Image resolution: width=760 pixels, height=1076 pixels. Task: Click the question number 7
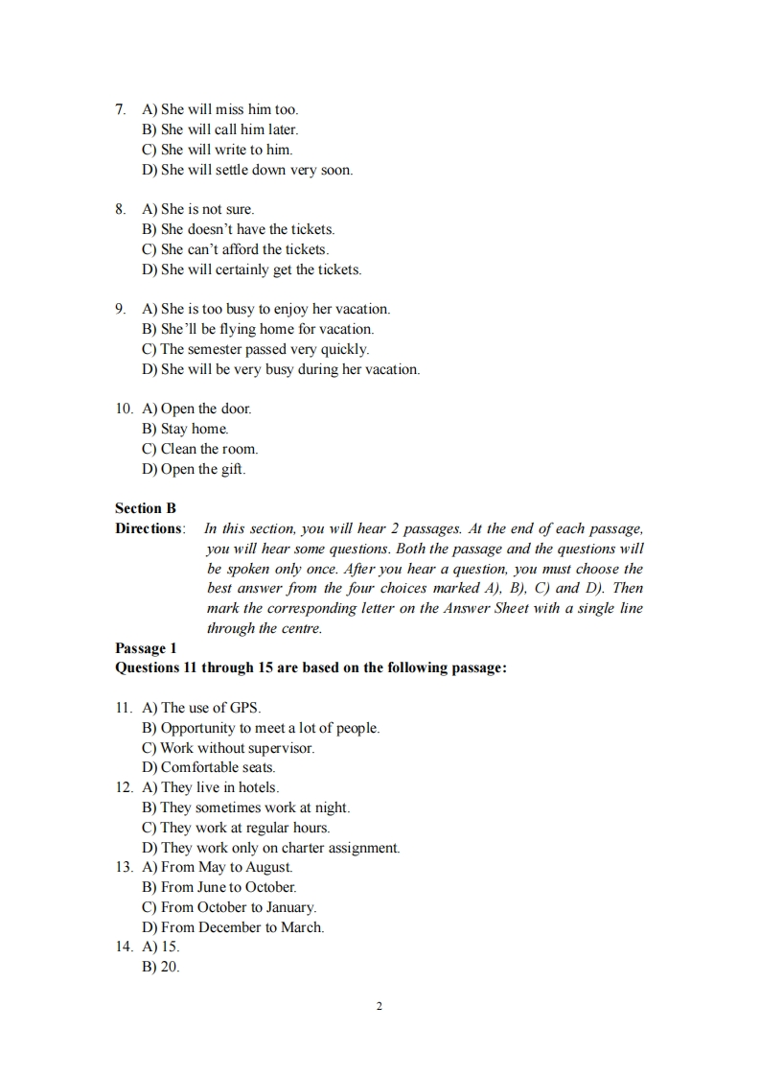click(x=120, y=109)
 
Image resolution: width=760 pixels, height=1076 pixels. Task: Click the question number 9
click(x=120, y=309)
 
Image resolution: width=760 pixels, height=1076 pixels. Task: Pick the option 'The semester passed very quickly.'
click(x=255, y=349)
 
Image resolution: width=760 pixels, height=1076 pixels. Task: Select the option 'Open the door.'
click(x=196, y=409)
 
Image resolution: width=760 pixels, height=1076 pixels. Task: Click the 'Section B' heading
click(x=146, y=508)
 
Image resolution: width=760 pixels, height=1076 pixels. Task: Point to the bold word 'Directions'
click(x=148, y=528)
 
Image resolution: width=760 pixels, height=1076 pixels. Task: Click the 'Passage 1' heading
click(x=146, y=648)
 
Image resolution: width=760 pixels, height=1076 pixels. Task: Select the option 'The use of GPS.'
click(x=201, y=708)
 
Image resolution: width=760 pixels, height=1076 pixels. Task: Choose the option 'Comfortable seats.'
click(x=208, y=767)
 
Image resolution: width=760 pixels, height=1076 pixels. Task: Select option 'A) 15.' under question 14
click(x=161, y=947)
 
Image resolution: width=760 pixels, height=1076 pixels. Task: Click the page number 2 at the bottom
click(x=380, y=1006)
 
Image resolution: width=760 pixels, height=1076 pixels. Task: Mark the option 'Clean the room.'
click(x=199, y=449)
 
